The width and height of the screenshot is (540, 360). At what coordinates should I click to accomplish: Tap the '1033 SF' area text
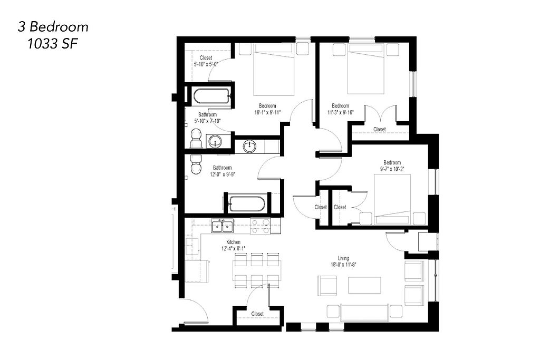click(x=52, y=44)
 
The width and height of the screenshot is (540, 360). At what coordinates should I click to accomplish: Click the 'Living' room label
click(x=343, y=258)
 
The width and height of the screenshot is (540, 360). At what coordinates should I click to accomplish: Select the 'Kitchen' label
click(x=233, y=242)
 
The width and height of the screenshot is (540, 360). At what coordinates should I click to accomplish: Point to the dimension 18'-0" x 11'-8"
click(x=343, y=265)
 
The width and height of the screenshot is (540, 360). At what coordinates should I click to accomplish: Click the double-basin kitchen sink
click(x=222, y=227)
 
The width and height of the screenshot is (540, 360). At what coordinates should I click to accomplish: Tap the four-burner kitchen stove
click(x=261, y=227)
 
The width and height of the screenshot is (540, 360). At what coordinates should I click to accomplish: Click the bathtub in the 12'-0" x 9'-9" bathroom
click(x=247, y=204)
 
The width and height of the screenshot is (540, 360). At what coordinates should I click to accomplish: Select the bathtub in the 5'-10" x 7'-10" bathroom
click(x=211, y=96)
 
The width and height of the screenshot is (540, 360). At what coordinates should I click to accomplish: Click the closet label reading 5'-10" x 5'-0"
click(x=206, y=64)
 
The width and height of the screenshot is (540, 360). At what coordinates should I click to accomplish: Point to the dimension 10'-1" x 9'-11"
click(x=267, y=112)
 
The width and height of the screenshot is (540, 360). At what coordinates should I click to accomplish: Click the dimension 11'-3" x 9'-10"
click(x=341, y=112)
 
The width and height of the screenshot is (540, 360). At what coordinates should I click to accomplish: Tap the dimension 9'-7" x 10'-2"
click(x=392, y=169)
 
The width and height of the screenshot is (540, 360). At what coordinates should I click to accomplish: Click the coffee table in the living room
click(x=364, y=285)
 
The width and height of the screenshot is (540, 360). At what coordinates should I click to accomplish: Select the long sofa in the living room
click(x=364, y=312)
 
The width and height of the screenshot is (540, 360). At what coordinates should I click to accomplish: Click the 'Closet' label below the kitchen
click(x=257, y=314)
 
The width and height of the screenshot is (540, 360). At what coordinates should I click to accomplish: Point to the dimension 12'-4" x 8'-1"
click(x=233, y=248)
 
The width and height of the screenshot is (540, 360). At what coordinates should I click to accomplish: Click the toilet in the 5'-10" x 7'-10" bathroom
click(x=196, y=138)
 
